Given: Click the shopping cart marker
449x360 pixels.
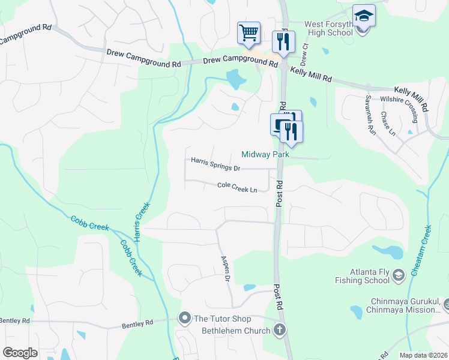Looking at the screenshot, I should [249, 32].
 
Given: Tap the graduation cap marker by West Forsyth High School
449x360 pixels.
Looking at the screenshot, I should [364, 16].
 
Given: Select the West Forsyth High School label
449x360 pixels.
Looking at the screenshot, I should [328, 28].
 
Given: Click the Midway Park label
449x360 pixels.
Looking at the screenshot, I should [265, 155].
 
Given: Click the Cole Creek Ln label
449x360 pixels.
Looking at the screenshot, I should [237, 188].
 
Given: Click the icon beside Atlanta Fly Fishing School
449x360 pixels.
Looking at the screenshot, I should [397, 275].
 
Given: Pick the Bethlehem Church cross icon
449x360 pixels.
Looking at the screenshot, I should [279, 329].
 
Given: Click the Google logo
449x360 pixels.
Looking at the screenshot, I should [20, 353].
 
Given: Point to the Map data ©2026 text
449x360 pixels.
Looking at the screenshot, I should [423, 355].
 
